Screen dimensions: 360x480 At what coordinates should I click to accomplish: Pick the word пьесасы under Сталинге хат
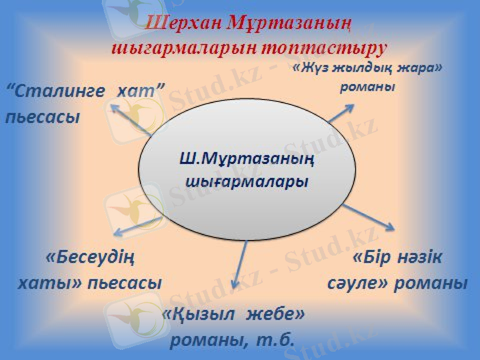(42, 116)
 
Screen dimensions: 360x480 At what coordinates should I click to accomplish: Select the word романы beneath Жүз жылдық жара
(368, 86)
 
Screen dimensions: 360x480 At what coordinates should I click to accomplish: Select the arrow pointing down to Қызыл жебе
(240, 264)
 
